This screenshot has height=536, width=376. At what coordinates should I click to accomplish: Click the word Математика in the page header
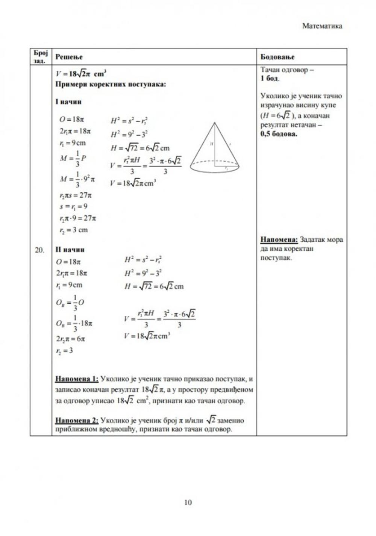click(x=322, y=26)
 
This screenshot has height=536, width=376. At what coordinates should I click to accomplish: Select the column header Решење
click(x=69, y=57)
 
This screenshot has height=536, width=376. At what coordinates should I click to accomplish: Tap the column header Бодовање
click(x=277, y=57)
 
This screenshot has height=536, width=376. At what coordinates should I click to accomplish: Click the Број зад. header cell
click(x=41, y=57)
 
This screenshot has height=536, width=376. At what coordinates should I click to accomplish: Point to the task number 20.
click(x=39, y=250)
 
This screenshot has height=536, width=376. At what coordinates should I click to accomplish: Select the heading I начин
click(x=68, y=102)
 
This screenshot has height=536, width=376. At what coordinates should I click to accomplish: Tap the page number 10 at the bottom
click(x=188, y=502)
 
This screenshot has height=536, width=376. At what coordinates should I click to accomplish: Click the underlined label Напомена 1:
click(x=77, y=379)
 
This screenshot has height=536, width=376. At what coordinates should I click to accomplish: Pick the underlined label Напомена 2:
click(x=77, y=420)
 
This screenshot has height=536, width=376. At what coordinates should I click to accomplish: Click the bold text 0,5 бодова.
click(x=279, y=134)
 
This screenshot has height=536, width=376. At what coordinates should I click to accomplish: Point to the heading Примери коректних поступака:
click(x=111, y=84)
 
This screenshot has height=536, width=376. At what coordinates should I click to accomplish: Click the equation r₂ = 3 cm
click(x=73, y=230)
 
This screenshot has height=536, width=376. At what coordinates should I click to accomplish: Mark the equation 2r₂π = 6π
click(x=70, y=339)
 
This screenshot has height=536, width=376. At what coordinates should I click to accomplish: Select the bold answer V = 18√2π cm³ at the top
click(x=80, y=73)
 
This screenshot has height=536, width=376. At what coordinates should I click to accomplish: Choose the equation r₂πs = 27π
click(x=75, y=195)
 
